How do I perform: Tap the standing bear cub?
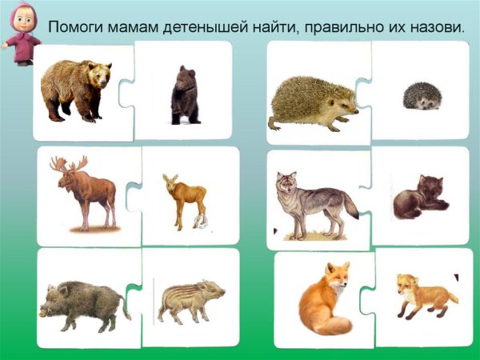[186, 96]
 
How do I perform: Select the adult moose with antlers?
[85, 192]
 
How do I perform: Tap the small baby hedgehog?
[419, 98]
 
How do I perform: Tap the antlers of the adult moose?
[69, 165]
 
